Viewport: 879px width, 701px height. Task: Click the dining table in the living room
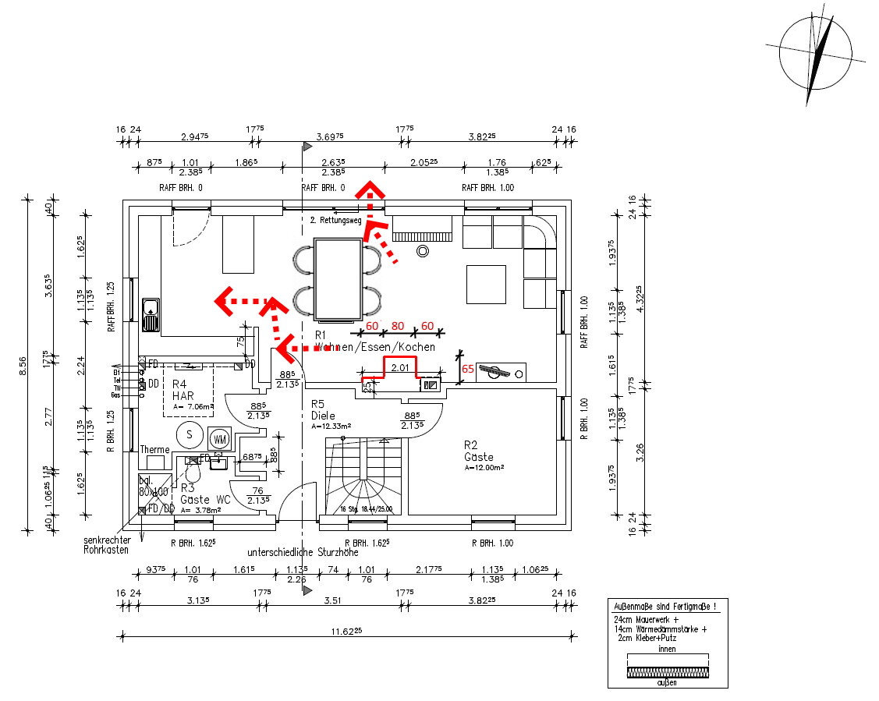338,280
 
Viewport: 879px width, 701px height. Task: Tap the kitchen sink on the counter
150,313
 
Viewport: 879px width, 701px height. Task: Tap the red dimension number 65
468,368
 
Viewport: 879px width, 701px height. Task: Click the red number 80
398,325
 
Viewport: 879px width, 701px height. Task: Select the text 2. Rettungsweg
335,221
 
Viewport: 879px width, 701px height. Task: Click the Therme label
154,450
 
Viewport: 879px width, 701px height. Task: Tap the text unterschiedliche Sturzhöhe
303,552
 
